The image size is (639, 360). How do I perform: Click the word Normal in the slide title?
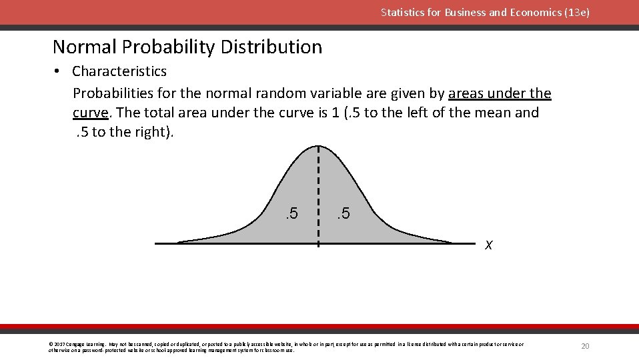(83, 47)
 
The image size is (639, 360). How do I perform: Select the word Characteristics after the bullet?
(119, 71)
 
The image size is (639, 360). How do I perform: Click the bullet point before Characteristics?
(59, 71)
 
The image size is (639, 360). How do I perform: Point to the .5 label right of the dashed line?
(343, 214)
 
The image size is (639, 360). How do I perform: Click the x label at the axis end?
(489, 245)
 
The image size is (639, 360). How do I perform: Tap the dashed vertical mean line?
(318, 200)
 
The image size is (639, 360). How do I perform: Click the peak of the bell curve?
(318, 146)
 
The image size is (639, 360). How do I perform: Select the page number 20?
(585, 346)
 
